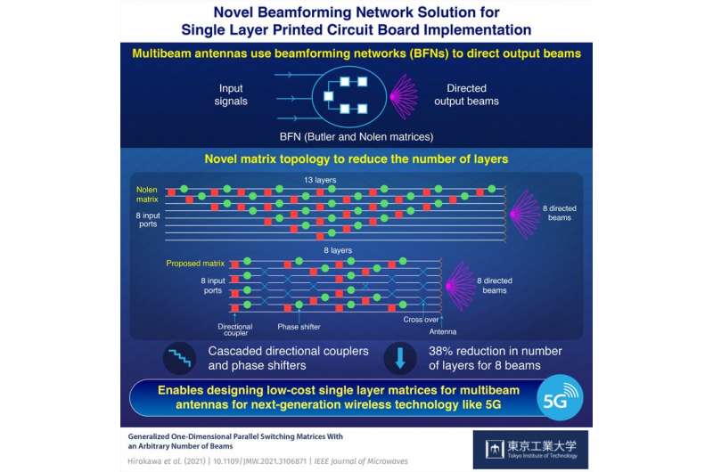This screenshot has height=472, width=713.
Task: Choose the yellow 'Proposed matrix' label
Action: pos(196,264)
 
